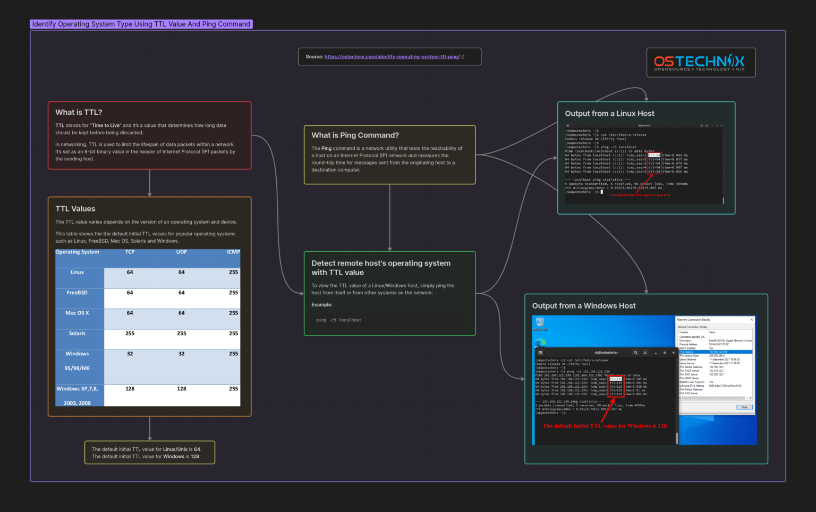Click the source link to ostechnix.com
392,57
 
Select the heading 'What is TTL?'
79,113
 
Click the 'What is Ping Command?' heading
355,135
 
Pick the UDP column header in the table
182,252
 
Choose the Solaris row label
77,334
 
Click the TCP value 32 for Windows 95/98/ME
130,354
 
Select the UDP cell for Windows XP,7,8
182,389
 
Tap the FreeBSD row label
77,293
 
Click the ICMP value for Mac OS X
233,313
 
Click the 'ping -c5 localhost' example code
338,320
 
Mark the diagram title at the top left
141,24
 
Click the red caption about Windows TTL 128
605,426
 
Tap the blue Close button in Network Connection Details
744,407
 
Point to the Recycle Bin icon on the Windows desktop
540,322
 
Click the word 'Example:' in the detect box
322,305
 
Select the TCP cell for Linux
130,272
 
